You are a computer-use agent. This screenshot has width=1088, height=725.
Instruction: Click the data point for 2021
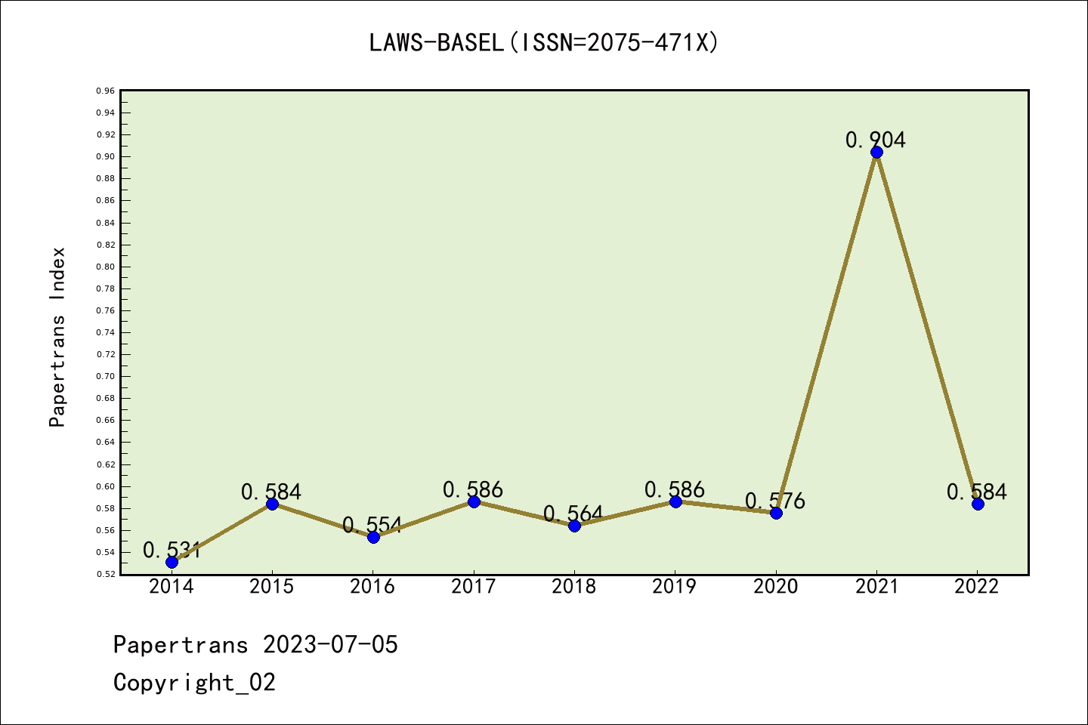(x=876, y=153)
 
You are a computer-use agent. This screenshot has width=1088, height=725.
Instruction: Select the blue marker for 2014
(x=172, y=562)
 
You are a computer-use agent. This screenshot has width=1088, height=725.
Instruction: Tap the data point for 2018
(x=574, y=526)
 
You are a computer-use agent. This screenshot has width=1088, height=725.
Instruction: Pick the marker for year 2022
(x=978, y=504)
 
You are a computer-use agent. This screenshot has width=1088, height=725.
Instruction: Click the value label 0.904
(x=876, y=140)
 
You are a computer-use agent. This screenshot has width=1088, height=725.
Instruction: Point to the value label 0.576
(x=775, y=501)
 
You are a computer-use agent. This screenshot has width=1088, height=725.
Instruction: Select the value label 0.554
(x=372, y=525)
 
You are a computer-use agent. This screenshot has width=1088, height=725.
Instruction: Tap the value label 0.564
(x=573, y=514)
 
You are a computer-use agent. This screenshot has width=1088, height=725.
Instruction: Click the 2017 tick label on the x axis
(x=473, y=586)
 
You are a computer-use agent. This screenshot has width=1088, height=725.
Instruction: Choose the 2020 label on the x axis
(x=775, y=586)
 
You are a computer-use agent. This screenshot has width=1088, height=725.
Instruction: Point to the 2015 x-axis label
(x=272, y=586)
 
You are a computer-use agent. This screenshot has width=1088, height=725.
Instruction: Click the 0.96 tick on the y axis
(x=106, y=91)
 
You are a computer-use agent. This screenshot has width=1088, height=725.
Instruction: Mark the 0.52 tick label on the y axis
(x=106, y=574)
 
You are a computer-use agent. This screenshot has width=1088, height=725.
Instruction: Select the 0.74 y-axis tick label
(x=106, y=332)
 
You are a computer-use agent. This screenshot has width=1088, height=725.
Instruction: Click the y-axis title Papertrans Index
(x=57, y=337)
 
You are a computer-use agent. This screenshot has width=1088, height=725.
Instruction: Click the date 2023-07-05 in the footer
(x=330, y=645)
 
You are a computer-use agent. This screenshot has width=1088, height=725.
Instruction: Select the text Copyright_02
(x=194, y=683)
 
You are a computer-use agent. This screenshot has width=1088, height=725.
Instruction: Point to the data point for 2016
(x=373, y=537)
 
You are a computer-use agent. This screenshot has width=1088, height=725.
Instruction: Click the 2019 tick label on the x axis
(x=675, y=586)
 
